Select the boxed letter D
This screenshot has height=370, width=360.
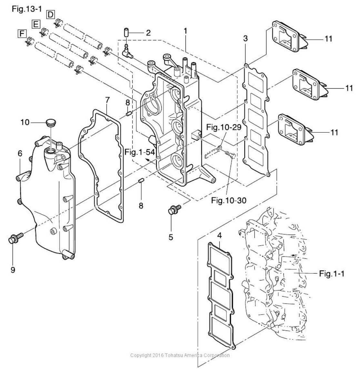51,14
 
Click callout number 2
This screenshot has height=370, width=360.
148,32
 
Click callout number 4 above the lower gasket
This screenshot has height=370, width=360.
219,236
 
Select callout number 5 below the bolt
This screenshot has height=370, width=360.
171,238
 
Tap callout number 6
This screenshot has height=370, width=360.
20,154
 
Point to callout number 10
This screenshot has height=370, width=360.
25,122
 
